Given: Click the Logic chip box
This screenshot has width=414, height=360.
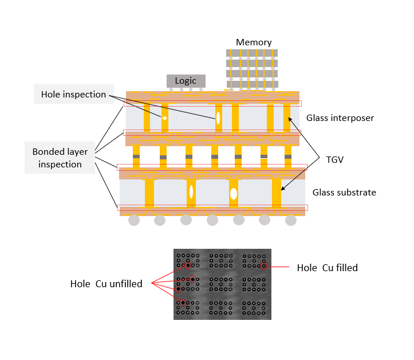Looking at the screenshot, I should [186, 81].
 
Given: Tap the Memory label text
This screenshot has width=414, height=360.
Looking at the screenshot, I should [254, 42].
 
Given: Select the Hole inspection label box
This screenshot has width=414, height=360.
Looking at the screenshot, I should [73, 95].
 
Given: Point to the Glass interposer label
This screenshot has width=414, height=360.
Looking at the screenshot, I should [340, 118].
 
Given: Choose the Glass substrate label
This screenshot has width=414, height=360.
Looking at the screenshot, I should [344, 193].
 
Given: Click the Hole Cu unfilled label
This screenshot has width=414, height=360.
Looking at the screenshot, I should [107, 284].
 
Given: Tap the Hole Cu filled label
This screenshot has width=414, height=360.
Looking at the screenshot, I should [328, 268].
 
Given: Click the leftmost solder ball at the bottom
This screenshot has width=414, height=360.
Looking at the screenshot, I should [134, 220].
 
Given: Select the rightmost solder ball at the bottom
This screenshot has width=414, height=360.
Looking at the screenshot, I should [291, 220].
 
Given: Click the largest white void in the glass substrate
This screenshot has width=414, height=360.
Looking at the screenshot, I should [234, 193].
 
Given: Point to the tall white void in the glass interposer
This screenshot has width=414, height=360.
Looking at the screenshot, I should [218, 118].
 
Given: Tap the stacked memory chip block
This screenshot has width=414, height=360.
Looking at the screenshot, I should [252, 69].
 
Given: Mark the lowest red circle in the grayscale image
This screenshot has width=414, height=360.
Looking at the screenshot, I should [183, 303].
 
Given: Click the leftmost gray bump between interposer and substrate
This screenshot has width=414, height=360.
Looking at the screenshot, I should [136, 156].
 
